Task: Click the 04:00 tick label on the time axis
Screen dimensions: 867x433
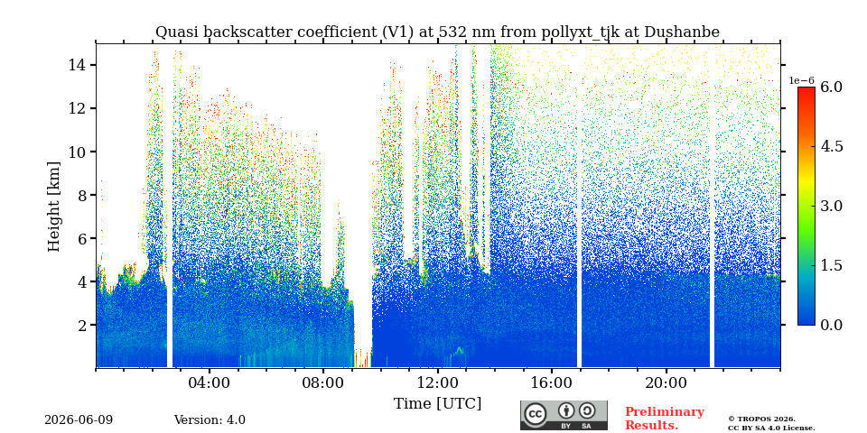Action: point(210,382)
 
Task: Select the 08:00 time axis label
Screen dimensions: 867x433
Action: point(323,382)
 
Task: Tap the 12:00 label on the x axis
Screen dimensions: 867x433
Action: point(437,382)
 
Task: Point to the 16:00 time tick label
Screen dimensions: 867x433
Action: point(551,382)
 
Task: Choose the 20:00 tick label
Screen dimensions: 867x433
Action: point(666,382)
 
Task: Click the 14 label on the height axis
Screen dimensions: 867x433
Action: point(77,65)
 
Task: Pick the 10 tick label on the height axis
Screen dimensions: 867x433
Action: point(77,152)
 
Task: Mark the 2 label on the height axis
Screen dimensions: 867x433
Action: point(82,325)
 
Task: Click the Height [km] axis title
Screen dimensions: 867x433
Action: point(53,207)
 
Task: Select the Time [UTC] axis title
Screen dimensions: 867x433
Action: point(437,404)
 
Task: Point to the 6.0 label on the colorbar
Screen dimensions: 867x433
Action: point(831,87)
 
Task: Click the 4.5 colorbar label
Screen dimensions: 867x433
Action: point(831,146)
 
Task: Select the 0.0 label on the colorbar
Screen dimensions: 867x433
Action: point(831,325)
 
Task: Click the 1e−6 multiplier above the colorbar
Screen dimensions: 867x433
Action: point(801,80)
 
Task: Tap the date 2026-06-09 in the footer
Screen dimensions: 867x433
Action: point(79,420)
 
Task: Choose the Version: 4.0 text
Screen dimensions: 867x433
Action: point(210,420)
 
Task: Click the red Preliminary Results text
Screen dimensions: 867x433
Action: point(664,419)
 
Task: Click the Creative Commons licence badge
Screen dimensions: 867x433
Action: point(564,415)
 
